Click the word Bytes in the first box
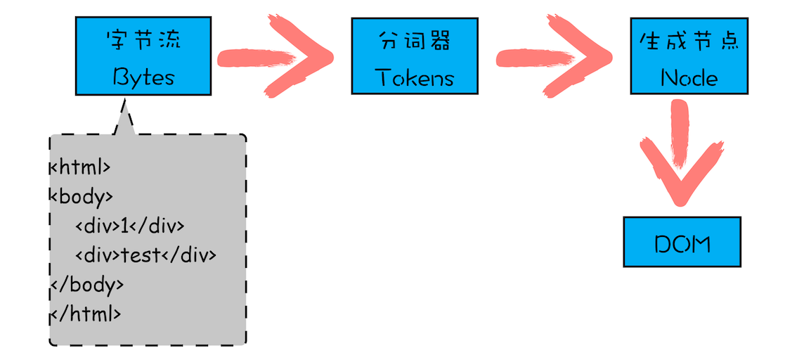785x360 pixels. [143, 77]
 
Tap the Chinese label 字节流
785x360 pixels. [143, 39]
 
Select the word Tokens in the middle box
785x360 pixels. [415, 77]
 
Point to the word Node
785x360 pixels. [689, 77]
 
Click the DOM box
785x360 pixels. [682, 243]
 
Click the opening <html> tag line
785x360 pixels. [80, 167]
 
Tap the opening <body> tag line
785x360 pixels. [81, 196]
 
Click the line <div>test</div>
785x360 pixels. [145, 255]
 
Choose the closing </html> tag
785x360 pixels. [86, 313]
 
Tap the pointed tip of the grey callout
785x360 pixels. [125, 103]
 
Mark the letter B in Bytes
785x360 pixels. [120, 77]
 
